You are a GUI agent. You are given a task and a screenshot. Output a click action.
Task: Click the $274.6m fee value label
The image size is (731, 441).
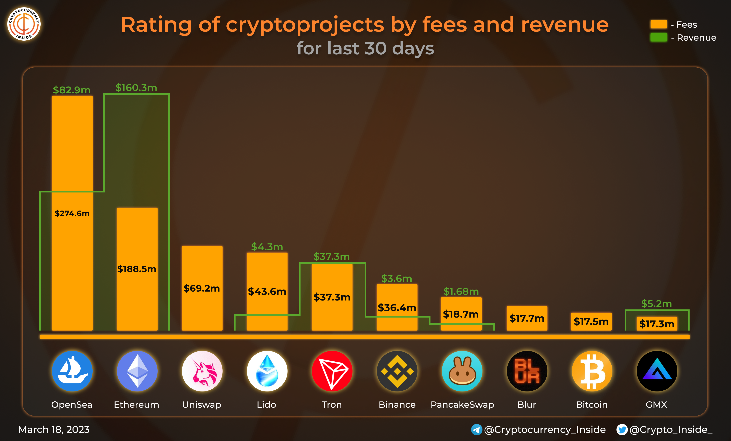click(x=72, y=213)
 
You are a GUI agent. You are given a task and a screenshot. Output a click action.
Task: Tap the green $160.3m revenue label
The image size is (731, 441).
click(x=136, y=88)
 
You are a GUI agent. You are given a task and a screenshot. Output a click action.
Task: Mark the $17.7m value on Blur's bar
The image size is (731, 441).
click(x=527, y=318)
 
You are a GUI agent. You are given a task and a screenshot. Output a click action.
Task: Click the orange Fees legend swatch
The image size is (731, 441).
click(x=658, y=24)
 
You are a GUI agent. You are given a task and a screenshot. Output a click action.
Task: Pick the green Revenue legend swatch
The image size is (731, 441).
click(x=658, y=38)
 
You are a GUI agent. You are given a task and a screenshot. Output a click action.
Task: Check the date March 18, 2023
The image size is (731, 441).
click(x=54, y=429)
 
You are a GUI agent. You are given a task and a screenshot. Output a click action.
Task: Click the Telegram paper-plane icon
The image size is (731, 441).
click(x=476, y=429)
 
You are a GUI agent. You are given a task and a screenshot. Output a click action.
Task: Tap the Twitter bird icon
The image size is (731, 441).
click(x=622, y=429)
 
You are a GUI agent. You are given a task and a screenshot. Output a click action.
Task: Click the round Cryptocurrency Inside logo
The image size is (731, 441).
click(x=24, y=24)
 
